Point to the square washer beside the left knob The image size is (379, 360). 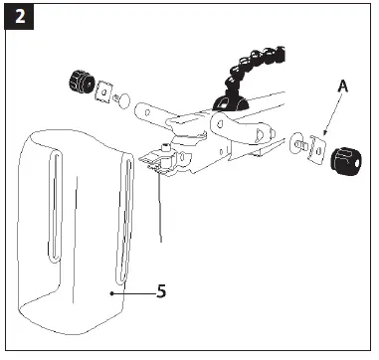[101, 90]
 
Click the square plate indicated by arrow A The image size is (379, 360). [316, 147]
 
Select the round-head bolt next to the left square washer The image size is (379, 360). [120, 97]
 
